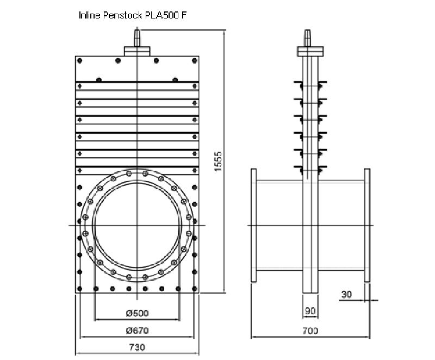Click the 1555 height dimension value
click(218, 161)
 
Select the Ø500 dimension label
click(137, 313)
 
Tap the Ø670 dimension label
click(137, 330)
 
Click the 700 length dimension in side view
click(310, 330)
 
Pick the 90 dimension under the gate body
click(310, 311)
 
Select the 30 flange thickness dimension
click(346, 295)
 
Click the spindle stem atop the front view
click(138, 38)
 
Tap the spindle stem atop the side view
click(307, 38)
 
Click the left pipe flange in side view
click(253, 225)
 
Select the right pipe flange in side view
click(367, 225)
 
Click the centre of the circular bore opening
click(137, 225)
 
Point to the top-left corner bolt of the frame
click(80, 60)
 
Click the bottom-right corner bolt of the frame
click(195, 288)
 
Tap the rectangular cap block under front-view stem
click(138, 51)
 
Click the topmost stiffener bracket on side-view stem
click(307, 84)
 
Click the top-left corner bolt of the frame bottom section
click(80, 188)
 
